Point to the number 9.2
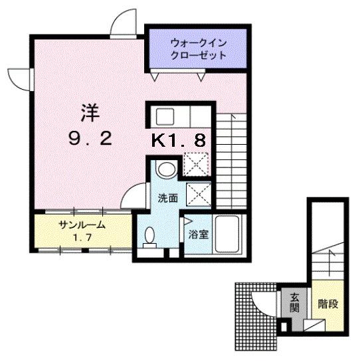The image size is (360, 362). coord(90,139)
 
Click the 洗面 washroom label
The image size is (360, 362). coord(167,197)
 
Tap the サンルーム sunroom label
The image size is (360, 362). coord(79,225)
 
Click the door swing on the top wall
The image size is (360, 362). coord(122,25)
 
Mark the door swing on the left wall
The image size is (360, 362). coord(20,78)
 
